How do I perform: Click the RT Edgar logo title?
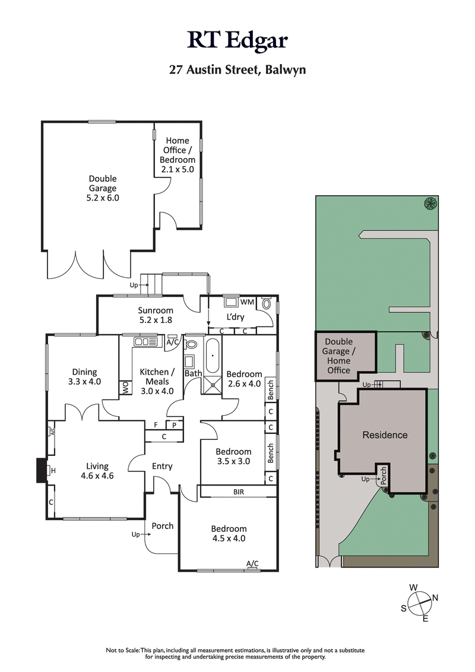[237, 40]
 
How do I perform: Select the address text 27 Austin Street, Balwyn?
[237, 69]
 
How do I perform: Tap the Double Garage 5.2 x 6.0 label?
[103, 188]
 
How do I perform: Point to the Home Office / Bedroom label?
[177, 154]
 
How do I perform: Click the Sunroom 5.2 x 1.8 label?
[156, 315]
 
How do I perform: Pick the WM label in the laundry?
[248, 303]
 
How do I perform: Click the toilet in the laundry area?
[266, 305]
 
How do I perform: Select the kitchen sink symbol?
[145, 342]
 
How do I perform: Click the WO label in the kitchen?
[125, 388]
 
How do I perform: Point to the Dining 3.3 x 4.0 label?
[84, 376]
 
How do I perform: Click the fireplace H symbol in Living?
[53, 471]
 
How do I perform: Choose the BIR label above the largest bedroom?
[239, 492]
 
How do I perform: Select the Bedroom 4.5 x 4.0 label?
[229, 534]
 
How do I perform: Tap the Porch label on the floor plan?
[163, 526]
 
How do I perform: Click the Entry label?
[162, 466]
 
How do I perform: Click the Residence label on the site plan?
[385, 435]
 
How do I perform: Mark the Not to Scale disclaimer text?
[237, 654]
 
